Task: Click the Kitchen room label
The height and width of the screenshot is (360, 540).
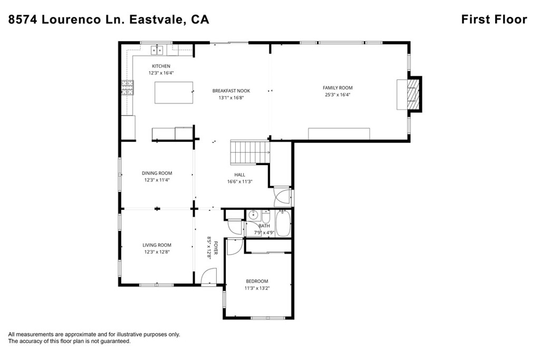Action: pos(161,66)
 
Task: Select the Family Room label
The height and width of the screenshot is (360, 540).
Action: pos(337,87)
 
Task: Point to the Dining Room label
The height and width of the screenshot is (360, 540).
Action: pos(157,173)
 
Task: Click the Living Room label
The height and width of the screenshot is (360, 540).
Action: pos(157,245)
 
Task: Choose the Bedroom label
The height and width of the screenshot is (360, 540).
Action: pos(256,281)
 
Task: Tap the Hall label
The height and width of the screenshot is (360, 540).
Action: pos(239,174)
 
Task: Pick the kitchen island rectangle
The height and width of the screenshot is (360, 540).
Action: pos(173,92)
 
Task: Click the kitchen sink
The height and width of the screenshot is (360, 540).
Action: pos(158,51)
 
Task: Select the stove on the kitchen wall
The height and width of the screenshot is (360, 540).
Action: pos(127,87)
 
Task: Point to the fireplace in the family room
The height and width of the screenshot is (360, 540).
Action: pos(413,94)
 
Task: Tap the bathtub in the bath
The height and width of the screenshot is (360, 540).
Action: pos(283,223)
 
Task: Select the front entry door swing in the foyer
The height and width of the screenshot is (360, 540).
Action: pos(209,276)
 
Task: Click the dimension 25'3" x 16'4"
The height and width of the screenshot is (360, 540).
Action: pos(337,95)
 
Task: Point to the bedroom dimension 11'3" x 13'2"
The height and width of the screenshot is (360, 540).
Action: pos(256,288)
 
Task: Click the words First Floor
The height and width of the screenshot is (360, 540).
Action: pos(494,20)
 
